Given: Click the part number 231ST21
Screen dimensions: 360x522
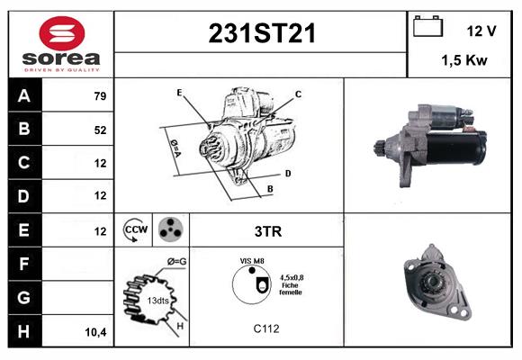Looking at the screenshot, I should (x=262, y=34).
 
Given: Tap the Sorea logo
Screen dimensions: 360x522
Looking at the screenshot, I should (x=61, y=44).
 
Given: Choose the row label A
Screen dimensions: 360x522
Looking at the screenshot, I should (x=23, y=96).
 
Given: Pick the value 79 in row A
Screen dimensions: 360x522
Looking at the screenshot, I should (x=101, y=96).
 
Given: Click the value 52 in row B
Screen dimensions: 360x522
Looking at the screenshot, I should (x=101, y=130).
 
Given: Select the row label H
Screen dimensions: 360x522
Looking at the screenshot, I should (x=23, y=330).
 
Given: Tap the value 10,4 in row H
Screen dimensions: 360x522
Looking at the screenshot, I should (x=96, y=331).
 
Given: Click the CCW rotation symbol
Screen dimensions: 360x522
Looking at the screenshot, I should (x=136, y=230).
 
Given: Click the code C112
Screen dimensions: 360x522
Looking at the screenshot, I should (x=266, y=328).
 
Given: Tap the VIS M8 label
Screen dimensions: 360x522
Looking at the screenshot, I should (x=252, y=261).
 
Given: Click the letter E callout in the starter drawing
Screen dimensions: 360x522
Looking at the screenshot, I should (x=179, y=93).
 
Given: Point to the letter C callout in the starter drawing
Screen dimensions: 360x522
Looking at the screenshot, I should (x=298, y=94).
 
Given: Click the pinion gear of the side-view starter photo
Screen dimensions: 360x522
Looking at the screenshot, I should (x=380, y=145).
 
